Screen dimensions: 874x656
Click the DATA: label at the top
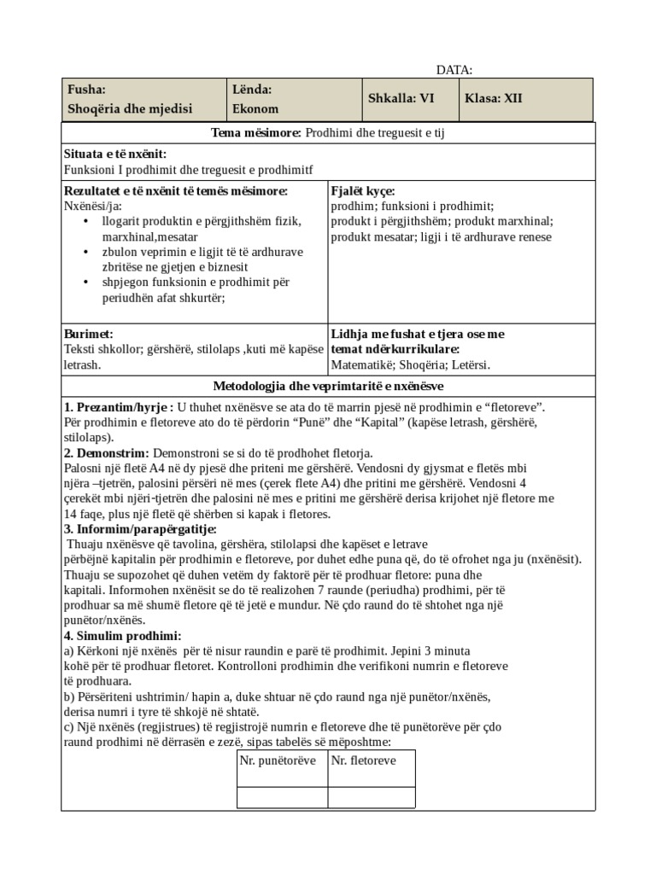pyautogui.click(x=454, y=70)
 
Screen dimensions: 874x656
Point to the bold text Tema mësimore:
pyautogui.click(x=256, y=133)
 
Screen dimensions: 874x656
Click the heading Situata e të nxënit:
pyautogui.click(x=115, y=154)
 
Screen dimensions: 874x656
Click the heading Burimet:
pyautogui.click(x=89, y=334)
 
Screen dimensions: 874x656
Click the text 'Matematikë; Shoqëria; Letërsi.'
pyautogui.click(x=410, y=364)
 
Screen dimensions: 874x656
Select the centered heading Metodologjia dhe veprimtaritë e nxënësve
pyautogui.click(x=327, y=385)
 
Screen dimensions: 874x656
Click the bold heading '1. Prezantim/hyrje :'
pyautogui.click(x=119, y=407)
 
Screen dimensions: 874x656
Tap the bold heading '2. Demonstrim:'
pyautogui.click(x=107, y=453)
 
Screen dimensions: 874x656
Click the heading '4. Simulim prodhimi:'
pyautogui.click(x=122, y=636)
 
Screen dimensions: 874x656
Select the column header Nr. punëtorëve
pyautogui.click(x=278, y=760)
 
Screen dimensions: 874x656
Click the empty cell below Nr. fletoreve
pyautogui.click(x=371, y=796)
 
